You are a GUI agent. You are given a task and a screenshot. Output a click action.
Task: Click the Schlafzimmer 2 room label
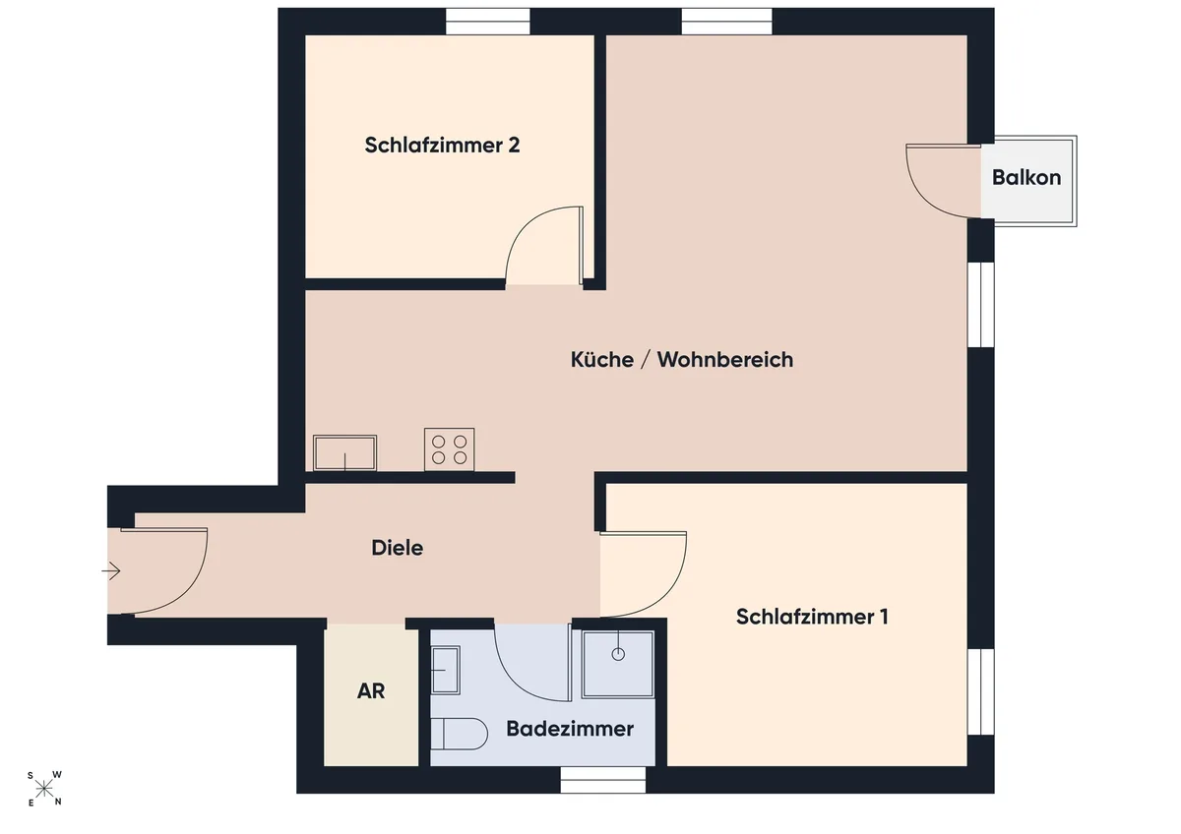click(x=442, y=146)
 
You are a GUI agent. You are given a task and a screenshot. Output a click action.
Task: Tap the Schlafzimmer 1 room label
click(x=812, y=617)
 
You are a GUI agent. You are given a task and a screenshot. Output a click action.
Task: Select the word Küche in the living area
click(x=602, y=360)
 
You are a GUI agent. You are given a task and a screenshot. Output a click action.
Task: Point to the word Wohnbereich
click(x=725, y=360)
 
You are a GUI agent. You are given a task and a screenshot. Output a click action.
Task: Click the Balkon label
click(x=1026, y=178)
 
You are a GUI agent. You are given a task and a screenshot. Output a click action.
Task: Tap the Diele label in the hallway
click(x=397, y=548)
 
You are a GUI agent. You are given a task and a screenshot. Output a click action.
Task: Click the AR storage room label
click(x=371, y=691)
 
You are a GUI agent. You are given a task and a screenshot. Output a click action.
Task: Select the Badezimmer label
click(x=570, y=729)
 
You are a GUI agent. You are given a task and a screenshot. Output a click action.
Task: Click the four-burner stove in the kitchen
click(x=449, y=449)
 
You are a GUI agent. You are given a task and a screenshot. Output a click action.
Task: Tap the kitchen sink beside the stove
click(x=344, y=452)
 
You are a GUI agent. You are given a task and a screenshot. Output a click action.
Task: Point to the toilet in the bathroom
click(x=459, y=734)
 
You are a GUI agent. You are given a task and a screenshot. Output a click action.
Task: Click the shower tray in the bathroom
click(x=618, y=665)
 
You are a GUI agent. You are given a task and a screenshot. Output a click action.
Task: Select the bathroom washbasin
click(x=446, y=670)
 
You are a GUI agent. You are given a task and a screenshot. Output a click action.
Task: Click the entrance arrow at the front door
click(x=111, y=570)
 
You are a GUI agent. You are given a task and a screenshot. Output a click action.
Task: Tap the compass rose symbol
click(x=44, y=789)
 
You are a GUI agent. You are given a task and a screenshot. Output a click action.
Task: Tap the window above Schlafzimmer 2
click(x=488, y=22)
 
